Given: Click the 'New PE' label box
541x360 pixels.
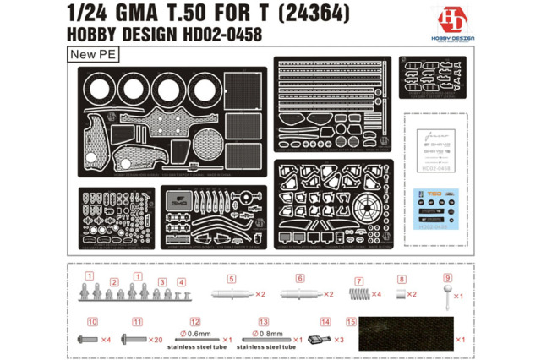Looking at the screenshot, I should tap(89, 54).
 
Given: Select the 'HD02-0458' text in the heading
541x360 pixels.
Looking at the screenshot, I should tap(219, 35).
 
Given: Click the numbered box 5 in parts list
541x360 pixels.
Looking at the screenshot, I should tap(230, 279).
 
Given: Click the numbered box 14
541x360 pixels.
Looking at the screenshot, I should tap(325, 322).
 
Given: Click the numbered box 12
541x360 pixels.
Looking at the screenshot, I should tap(195, 322).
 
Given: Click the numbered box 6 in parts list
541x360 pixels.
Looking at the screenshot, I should tap(299, 279).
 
